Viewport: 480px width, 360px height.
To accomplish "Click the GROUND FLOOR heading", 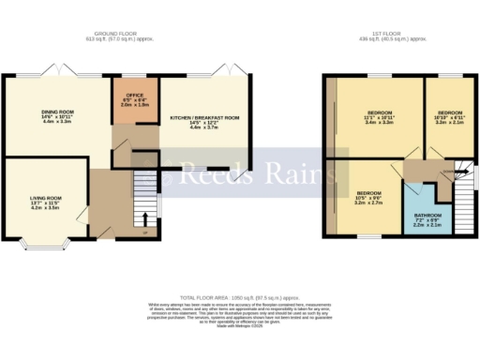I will pyautogui.click(x=126, y=33).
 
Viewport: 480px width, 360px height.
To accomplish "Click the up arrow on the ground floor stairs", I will pyautogui.click(x=144, y=221).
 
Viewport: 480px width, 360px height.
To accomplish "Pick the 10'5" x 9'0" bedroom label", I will pyautogui.click(x=367, y=199).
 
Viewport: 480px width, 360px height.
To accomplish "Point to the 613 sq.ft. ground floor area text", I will pyautogui.click(x=126, y=40).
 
